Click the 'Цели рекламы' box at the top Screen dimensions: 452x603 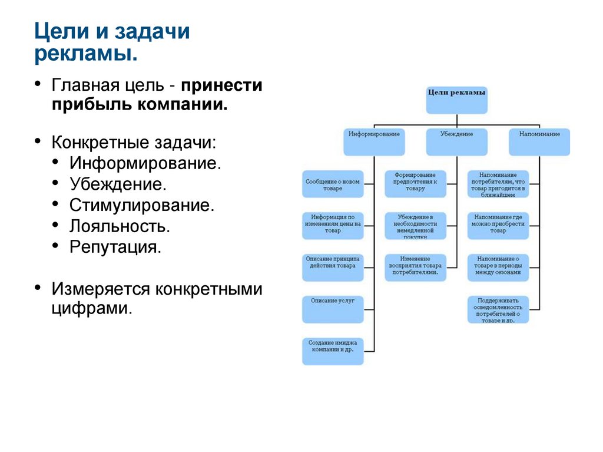click(x=456, y=100)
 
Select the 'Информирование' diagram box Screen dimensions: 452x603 click(x=373, y=141)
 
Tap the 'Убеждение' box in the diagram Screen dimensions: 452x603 click(x=456, y=141)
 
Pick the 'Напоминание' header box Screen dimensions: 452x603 click(x=539, y=141)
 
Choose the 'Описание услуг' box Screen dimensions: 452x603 click(x=332, y=309)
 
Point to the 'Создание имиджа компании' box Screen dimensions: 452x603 click(x=332, y=351)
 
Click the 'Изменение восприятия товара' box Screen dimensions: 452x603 click(x=415, y=267)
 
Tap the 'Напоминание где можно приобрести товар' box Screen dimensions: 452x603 click(x=498, y=226)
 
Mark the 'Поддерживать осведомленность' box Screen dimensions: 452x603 click(x=498, y=309)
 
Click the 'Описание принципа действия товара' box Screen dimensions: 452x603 click(x=332, y=267)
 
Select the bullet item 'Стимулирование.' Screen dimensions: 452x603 click(x=141, y=205)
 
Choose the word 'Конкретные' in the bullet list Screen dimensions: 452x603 click(x=101, y=143)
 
